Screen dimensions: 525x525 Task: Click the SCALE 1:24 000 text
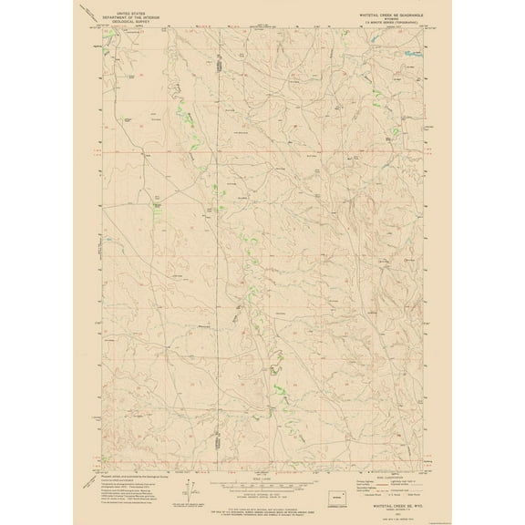[262, 475]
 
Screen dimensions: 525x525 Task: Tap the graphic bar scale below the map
[262, 482]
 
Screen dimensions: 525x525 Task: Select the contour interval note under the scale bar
[262, 491]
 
